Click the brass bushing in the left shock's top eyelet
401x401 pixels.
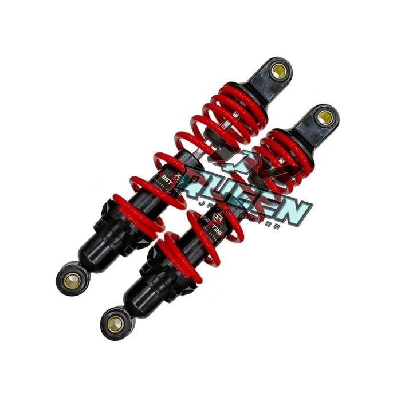280,72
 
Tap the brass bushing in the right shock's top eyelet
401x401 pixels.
325,118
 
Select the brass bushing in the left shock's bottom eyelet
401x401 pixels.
72,280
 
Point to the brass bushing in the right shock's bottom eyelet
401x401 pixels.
115,324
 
